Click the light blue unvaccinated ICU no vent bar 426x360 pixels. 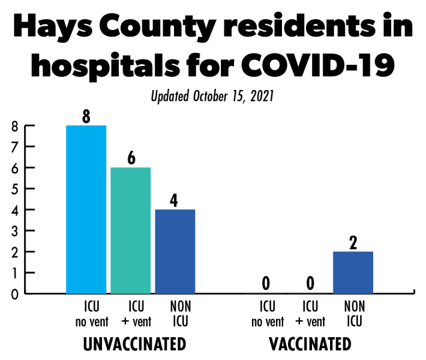86,209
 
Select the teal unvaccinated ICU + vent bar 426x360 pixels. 130,230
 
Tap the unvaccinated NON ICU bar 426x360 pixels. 175,251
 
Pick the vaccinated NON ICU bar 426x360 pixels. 353,272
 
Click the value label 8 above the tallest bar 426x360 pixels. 86,116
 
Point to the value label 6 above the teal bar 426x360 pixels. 131,158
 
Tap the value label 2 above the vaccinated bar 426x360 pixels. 353,242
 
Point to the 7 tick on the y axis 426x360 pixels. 14,147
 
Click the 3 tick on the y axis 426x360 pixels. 14,231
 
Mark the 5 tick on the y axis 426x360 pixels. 14,189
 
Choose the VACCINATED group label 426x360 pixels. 309,344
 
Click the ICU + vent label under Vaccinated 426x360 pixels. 310,314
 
